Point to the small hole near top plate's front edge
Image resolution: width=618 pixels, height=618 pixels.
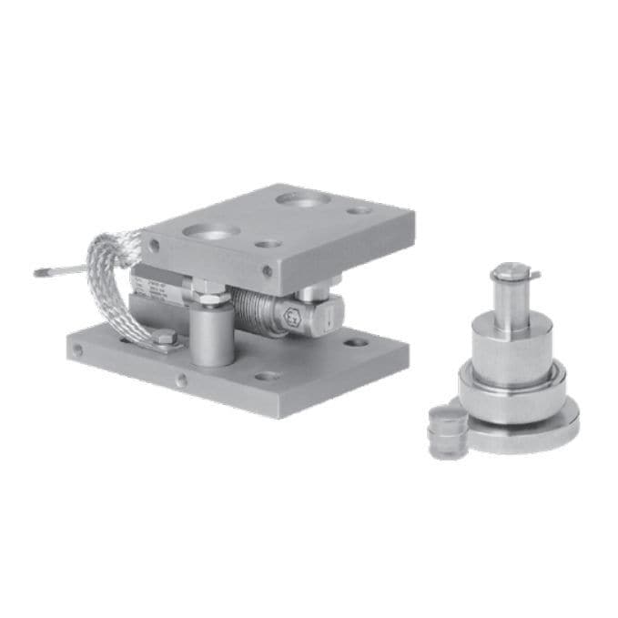(x=267, y=244)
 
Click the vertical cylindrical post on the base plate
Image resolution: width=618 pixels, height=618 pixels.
(x=211, y=335)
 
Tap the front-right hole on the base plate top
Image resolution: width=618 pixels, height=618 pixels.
(x=268, y=376)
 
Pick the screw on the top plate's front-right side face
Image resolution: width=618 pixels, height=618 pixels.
(x=267, y=270)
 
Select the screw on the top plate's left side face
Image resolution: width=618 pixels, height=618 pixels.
(x=154, y=245)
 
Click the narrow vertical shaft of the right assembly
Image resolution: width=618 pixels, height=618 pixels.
(x=513, y=298)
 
